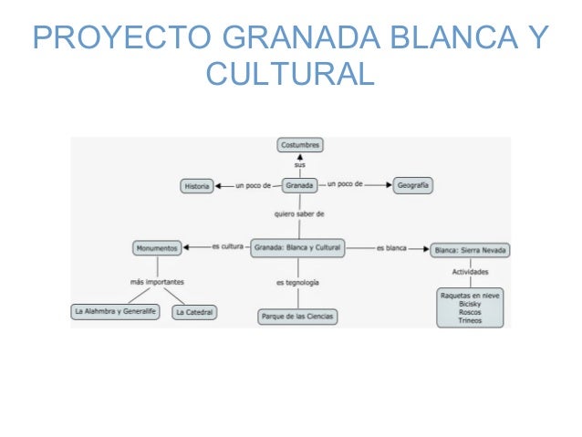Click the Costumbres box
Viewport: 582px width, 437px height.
(x=300, y=145)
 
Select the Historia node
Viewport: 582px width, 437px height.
(x=197, y=185)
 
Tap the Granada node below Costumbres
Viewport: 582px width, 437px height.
(x=299, y=185)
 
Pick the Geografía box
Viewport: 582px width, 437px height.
(x=412, y=185)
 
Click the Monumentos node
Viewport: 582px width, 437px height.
(x=157, y=247)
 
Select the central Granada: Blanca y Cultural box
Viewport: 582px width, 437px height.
(x=298, y=247)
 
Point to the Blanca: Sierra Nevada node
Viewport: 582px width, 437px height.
(x=470, y=248)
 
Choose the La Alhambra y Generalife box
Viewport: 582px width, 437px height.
(x=116, y=312)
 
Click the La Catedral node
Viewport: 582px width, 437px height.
(x=194, y=312)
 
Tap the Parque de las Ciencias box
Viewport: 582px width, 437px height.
(x=298, y=317)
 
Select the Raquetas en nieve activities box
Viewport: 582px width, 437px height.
(x=470, y=307)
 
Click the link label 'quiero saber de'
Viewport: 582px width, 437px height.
(x=299, y=213)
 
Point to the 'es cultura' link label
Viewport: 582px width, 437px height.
(x=227, y=246)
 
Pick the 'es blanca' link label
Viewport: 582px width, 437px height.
(x=391, y=247)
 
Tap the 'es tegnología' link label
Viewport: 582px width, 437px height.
(x=298, y=283)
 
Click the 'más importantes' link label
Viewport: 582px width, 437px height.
(x=158, y=282)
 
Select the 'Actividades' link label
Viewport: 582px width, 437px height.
(x=470, y=272)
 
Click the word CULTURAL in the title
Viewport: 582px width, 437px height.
(x=290, y=72)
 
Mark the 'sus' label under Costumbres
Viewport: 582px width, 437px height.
(x=300, y=165)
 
